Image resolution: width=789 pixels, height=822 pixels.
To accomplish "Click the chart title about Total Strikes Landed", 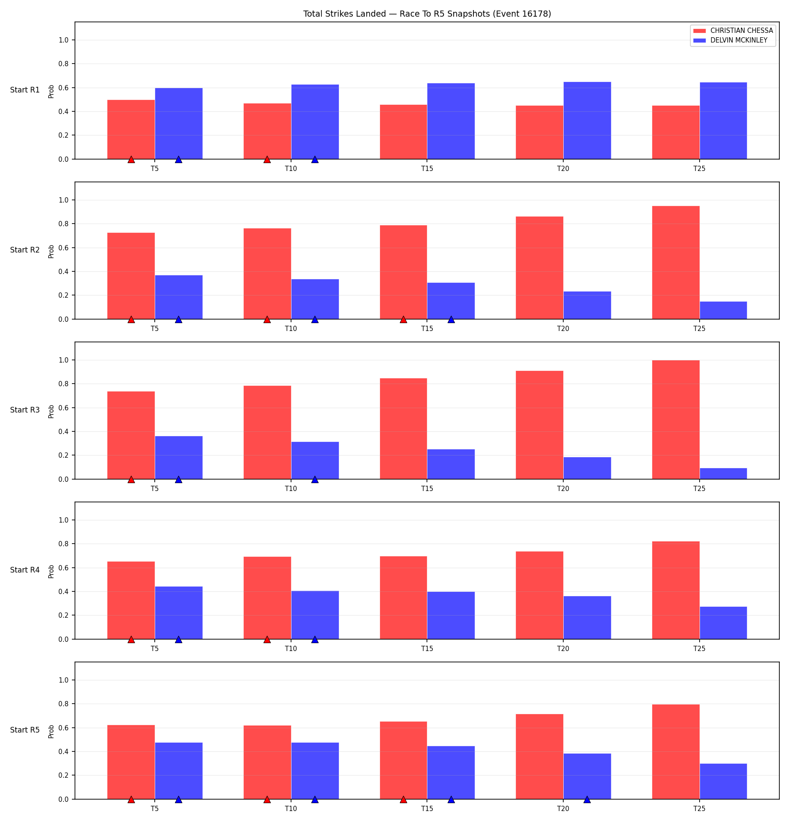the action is (427, 14).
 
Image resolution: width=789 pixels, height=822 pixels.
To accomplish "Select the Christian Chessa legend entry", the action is (732, 31).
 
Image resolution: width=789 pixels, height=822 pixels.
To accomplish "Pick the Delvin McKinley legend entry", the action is (730, 40).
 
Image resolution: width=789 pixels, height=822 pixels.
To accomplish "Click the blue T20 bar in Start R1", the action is (587, 121).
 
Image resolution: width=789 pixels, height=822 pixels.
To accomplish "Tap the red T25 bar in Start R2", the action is (675, 263).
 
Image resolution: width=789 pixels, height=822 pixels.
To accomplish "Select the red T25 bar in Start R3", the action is (675, 420).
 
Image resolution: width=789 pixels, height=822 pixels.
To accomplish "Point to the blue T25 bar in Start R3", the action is (723, 473).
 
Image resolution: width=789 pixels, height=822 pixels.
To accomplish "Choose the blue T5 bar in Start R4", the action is (178, 613).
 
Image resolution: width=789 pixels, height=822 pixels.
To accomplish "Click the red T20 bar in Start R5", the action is (540, 757).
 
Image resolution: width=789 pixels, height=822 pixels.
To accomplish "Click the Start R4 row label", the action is (25, 570).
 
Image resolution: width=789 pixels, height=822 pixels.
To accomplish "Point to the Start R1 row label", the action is (25, 90).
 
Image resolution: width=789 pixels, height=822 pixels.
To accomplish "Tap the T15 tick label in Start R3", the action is (427, 488).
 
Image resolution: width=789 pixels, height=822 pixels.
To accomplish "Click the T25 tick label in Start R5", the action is (700, 808).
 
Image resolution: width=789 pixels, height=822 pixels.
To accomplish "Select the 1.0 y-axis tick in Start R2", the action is (64, 200).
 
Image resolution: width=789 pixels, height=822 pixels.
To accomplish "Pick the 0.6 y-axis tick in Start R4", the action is (64, 568).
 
